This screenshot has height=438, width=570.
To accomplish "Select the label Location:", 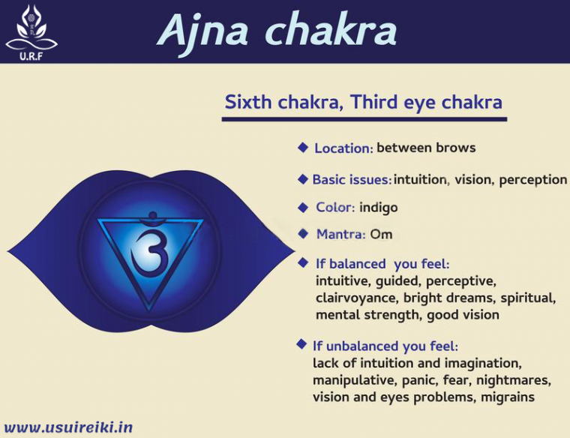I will (x=343, y=148).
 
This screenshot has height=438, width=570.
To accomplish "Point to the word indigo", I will (x=379, y=207).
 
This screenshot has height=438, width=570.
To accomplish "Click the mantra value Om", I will (x=381, y=235).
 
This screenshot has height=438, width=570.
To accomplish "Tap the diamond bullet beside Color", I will (x=303, y=207).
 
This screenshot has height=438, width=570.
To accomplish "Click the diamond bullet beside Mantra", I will (x=303, y=234).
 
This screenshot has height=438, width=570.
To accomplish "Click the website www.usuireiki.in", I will (x=69, y=427).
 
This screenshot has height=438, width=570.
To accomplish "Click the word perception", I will (x=532, y=179).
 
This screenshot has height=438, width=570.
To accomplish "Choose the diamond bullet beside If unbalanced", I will (x=301, y=344).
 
